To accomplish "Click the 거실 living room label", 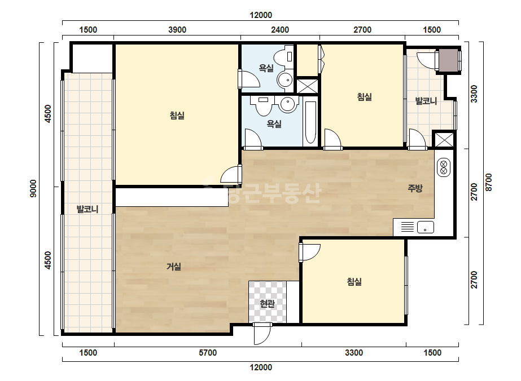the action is pyautogui.click(x=174, y=267).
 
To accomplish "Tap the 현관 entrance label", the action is pyautogui.click(x=267, y=303).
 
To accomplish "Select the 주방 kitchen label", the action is pyautogui.click(x=415, y=188).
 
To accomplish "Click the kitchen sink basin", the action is pyautogui.click(x=426, y=227).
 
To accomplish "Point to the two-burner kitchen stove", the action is pyautogui.click(x=443, y=167).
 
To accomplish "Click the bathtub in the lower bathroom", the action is pyautogui.click(x=310, y=122).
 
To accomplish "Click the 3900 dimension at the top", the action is pyautogui.click(x=177, y=29).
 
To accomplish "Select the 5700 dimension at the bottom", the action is pyautogui.click(x=208, y=352).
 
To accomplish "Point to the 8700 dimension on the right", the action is pyautogui.click(x=488, y=182).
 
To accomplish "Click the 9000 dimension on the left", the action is pyautogui.click(x=33, y=188).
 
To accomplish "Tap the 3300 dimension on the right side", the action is pyautogui.click(x=474, y=94).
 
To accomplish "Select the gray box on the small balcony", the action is pyautogui.click(x=448, y=60).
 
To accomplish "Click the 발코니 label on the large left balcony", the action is pyautogui.click(x=87, y=209).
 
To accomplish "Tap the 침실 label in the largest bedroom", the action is pyautogui.click(x=177, y=116).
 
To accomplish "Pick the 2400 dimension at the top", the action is pyautogui.click(x=280, y=29).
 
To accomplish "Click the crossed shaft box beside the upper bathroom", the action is pyautogui.click(x=307, y=86).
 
